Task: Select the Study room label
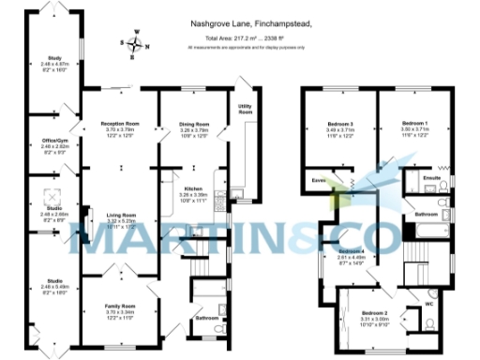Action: coord(52,57)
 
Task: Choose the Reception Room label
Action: coord(119,124)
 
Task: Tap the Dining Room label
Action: coord(193,124)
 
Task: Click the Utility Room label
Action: coord(245,109)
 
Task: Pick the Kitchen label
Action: coord(191,189)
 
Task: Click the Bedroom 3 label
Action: coord(339,125)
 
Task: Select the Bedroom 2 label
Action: coord(373,311)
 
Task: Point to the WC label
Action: coord(429,304)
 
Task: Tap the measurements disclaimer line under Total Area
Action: coord(250,45)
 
